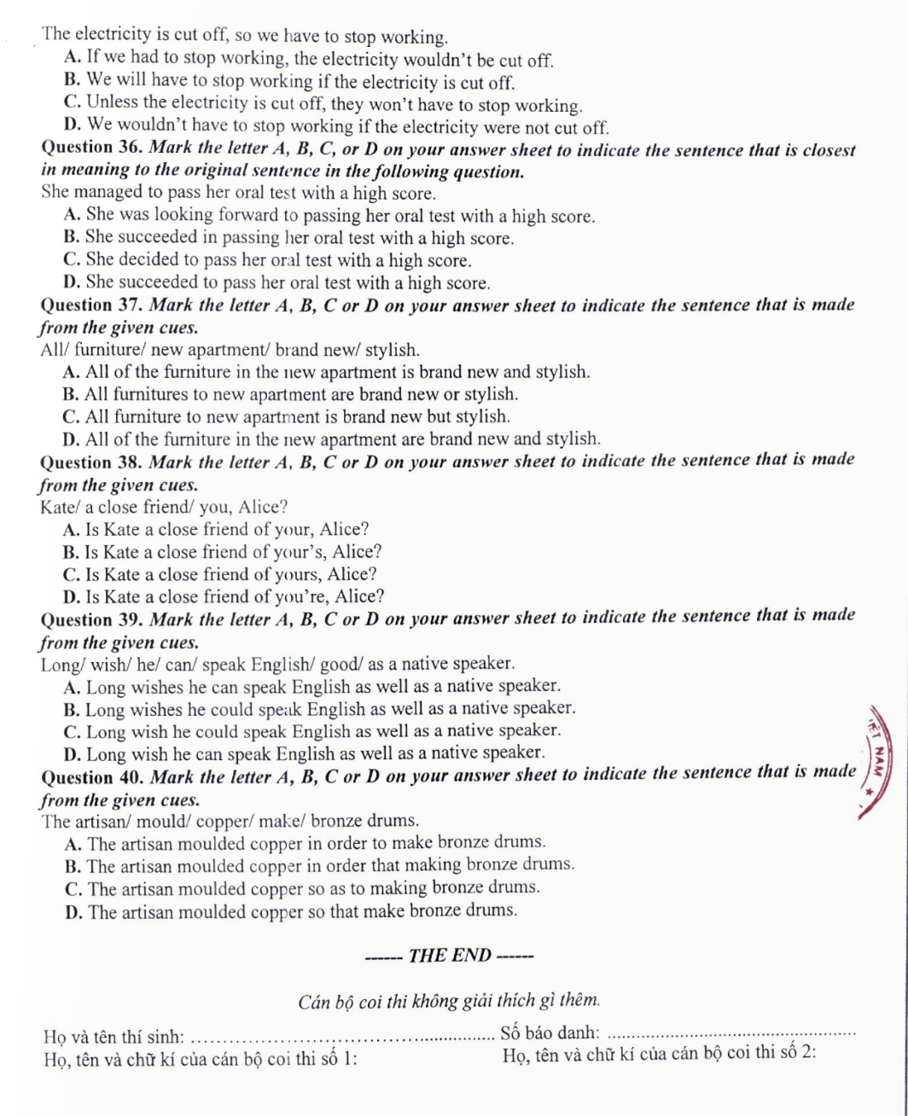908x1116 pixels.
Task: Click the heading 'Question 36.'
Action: (x=91, y=148)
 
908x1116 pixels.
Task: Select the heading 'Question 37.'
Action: (x=91, y=305)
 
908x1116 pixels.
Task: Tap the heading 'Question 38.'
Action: (x=91, y=462)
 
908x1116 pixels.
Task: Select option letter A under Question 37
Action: (x=71, y=372)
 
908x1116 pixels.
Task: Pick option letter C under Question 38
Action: (x=71, y=574)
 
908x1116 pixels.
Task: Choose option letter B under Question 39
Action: (x=71, y=708)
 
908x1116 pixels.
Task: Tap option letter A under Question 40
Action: (x=71, y=843)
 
